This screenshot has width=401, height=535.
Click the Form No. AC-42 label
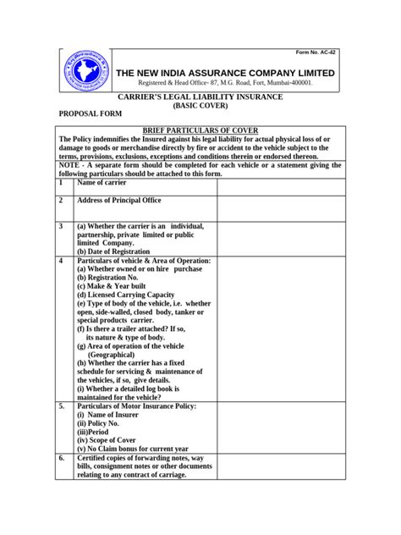coord(316,52)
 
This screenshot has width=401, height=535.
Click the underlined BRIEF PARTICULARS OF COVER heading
coord(200,130)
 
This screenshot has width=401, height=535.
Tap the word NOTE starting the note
coord(69,165)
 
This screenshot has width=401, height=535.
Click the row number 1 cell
coord(61,182)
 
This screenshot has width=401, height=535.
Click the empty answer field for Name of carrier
coord(279,186)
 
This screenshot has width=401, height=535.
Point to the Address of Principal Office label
coord(118,201)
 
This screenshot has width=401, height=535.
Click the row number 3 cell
coord(61,227)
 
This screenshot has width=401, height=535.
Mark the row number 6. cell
coord(62,457)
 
